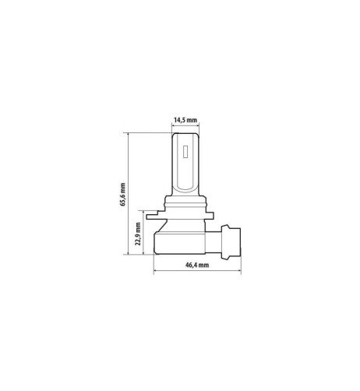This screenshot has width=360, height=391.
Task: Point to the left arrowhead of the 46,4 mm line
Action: pos(157,272)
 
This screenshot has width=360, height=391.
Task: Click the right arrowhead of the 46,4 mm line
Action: pos(239,272)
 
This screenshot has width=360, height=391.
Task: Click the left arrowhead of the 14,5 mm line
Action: pos(173,127)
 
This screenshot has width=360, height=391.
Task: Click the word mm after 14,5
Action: pos(192,121)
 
